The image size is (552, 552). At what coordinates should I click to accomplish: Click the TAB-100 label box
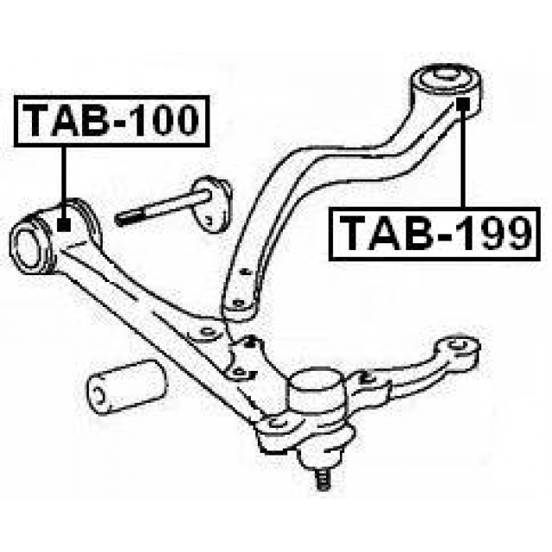112,121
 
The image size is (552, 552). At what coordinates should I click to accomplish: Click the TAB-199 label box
435,234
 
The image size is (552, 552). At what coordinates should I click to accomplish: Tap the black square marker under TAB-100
64,224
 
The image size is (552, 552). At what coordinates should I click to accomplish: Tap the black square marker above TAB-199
463,103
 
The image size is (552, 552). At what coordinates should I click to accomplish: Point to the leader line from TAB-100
64,182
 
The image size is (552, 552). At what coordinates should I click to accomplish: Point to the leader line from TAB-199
463,159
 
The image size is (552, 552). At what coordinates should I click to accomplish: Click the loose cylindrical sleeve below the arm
127,386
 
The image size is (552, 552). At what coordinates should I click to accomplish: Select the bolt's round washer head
213,204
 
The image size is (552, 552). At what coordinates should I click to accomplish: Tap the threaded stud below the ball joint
324,480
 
